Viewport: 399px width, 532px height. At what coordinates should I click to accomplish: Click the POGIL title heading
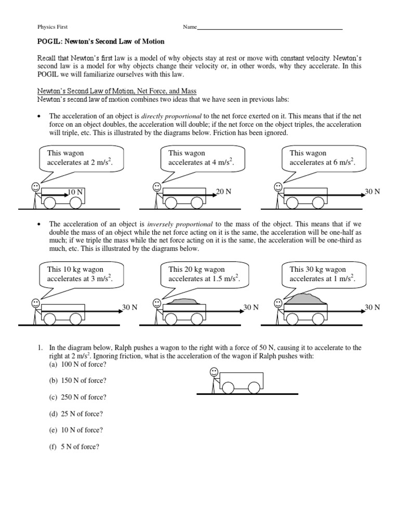pos(101,42)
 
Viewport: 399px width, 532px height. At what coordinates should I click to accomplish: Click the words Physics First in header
pos(52,27)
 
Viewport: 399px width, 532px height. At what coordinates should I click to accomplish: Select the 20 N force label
pos(223,192)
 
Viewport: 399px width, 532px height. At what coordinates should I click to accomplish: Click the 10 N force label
pos(76,192)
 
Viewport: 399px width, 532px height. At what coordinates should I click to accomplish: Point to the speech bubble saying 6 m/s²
pos(324,158)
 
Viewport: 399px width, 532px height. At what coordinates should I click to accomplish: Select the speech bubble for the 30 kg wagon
pos(324,274)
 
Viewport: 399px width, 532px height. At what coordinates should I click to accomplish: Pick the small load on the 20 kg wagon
pos(184,301)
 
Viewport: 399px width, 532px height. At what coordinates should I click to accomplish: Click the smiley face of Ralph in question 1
pos(214,371)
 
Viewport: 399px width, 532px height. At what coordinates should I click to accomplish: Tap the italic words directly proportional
pos(174,116)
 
